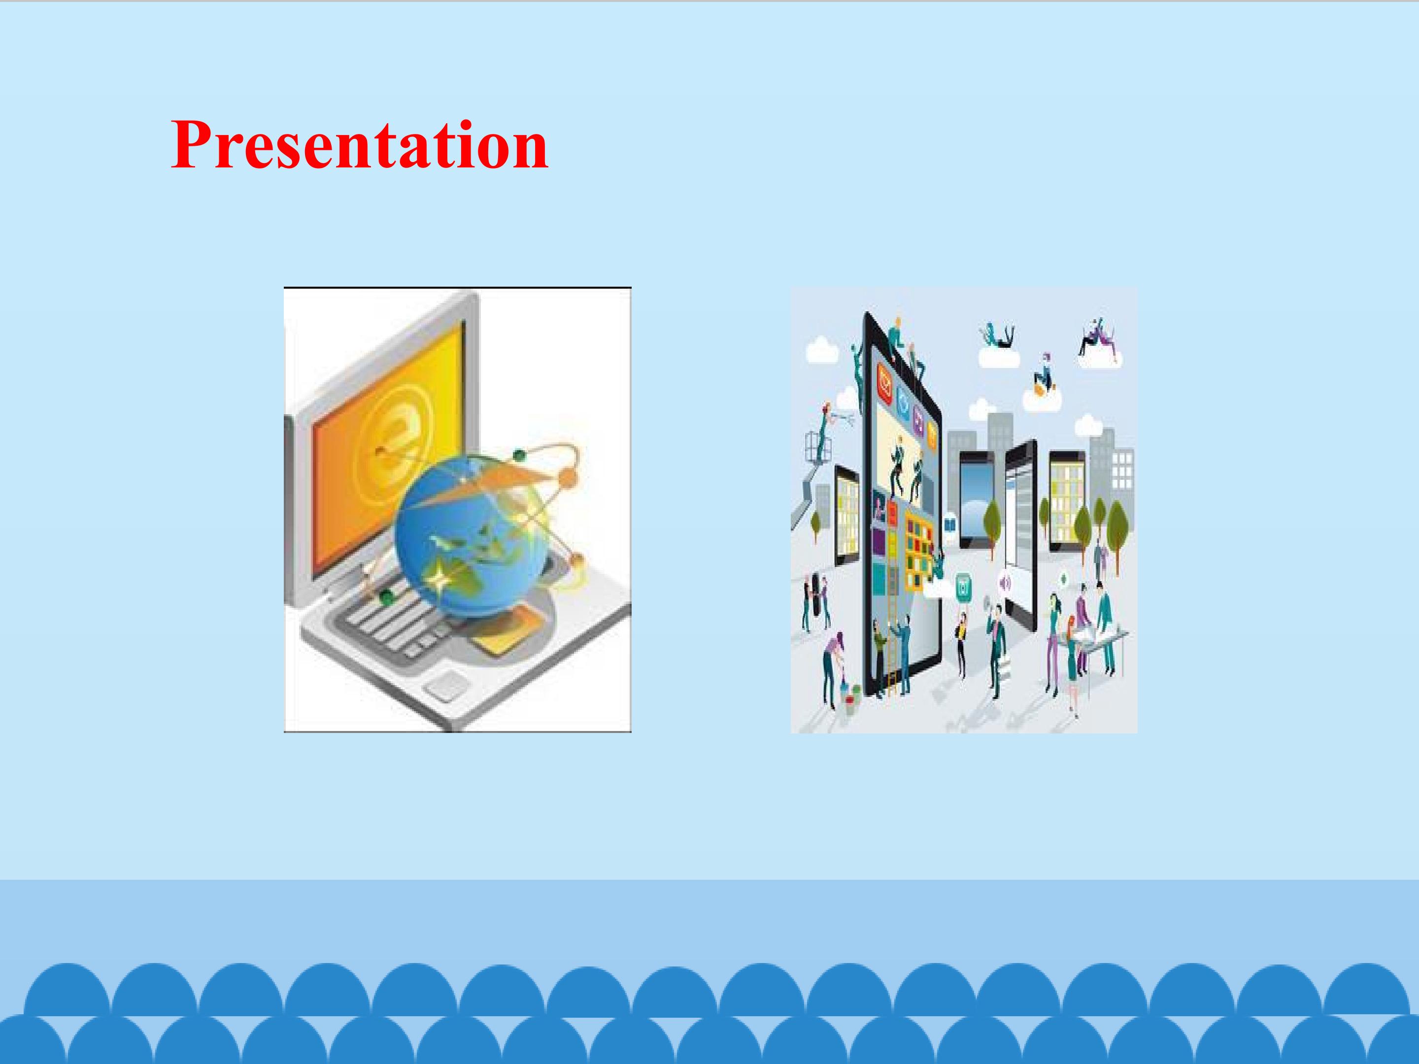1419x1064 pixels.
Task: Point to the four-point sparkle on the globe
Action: pos(439,578)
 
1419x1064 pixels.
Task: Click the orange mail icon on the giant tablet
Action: pos(888,384)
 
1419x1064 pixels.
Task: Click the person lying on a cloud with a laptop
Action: pos(998,337)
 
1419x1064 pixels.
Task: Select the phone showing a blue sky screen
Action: pos(977,500)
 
